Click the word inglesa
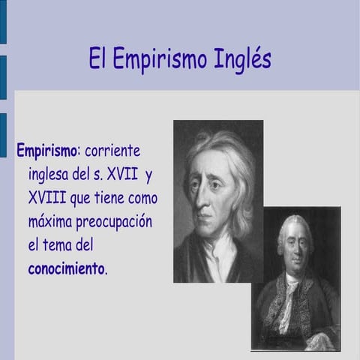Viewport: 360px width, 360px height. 53,176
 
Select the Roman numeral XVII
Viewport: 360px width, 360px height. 123,175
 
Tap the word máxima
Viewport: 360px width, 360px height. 51,223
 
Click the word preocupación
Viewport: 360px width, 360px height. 116,223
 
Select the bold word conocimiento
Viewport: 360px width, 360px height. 67,269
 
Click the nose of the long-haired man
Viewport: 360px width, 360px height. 201,201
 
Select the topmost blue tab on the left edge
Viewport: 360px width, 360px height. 3,22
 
